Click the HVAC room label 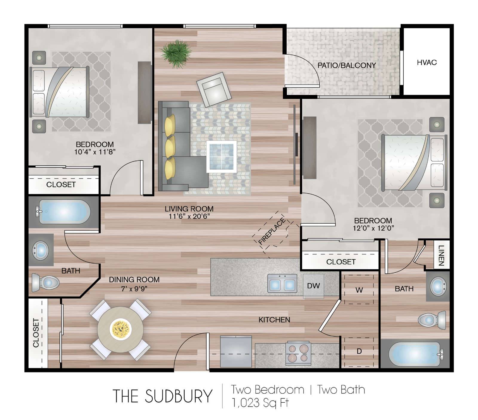[427, 62]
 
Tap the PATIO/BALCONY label [347, 65]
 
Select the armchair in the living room [214, 89]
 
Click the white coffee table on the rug [221, 156]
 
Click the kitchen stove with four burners [298, 353]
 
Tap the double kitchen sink [282, 283]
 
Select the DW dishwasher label [313, 286]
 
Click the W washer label [359, 290]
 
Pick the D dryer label [359, 351]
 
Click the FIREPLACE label [272, 232]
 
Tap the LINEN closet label [441, 255]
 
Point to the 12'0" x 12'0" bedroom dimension [373, 228]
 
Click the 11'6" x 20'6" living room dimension [189, 216]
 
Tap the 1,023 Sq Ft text [260, 403]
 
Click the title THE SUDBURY [163, 396]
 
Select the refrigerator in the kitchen [236, 352]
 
